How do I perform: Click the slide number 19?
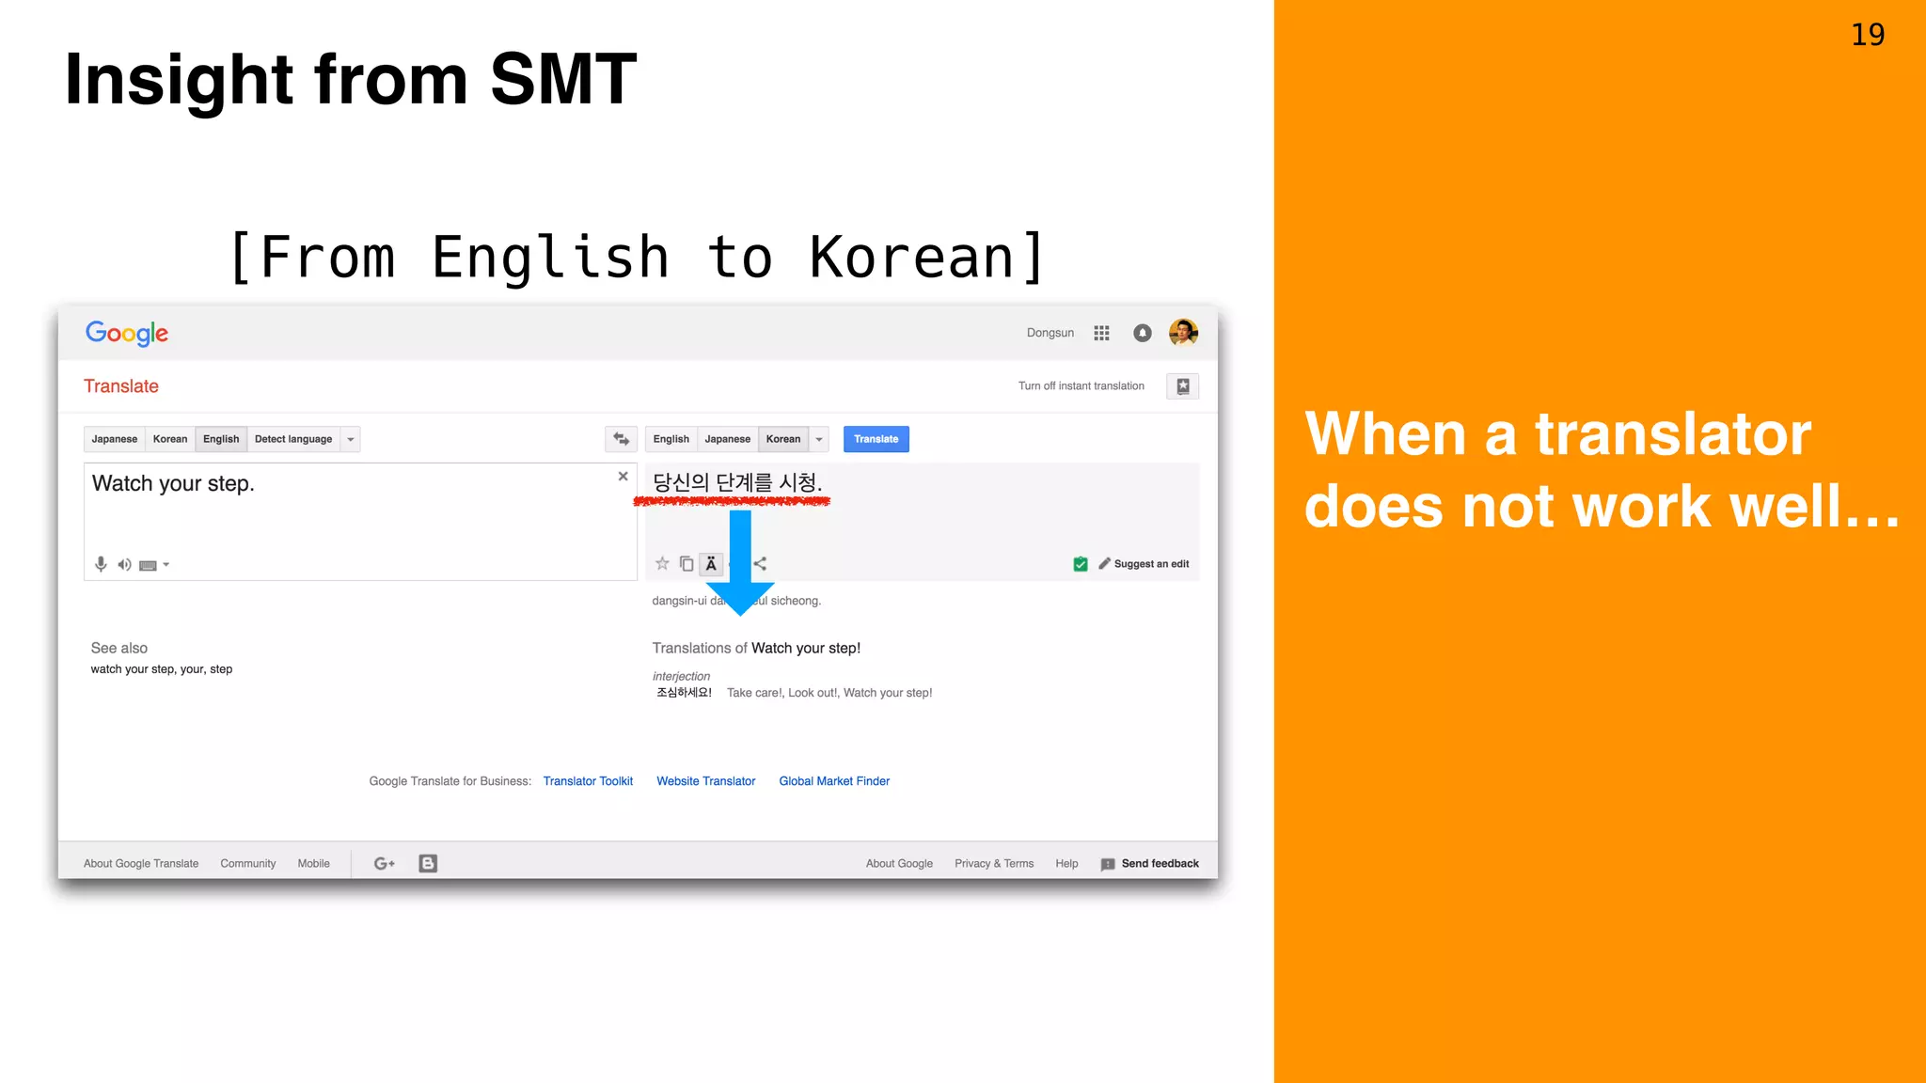point(1868,35)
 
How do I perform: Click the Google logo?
point(127,334)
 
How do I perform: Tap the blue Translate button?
point(876,439)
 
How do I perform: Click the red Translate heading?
point(121,386)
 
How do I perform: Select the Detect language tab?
point(292,439)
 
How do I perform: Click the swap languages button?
point(621,439)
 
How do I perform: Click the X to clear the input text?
point(623,477)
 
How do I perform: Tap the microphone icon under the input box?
point(101,564)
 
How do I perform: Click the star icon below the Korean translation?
point(662,564)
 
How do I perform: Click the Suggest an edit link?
point(1150,564)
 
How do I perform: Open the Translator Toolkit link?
point(588,781)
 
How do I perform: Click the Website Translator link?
point(705,781)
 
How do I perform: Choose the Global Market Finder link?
point(834,781)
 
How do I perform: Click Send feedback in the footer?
point(1159,864)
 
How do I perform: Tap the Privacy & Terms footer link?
point(993,864)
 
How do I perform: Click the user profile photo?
point(1183,333)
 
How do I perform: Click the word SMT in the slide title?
point(562,80)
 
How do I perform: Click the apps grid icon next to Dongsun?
point(1101,333)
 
